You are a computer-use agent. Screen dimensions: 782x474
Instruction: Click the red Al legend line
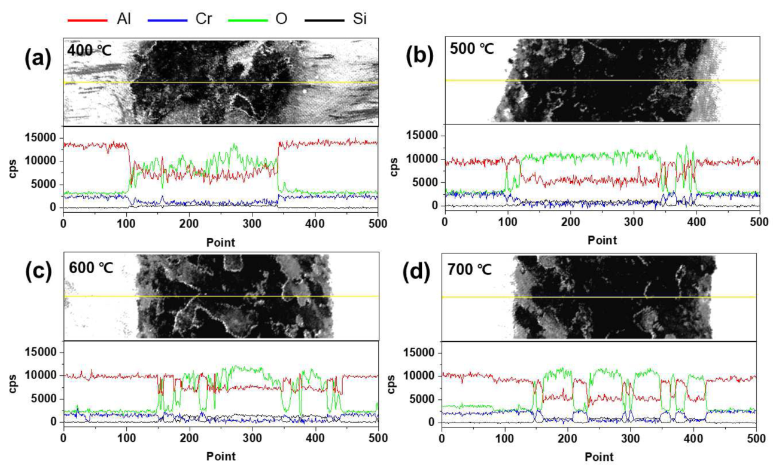pyautogui.click(x=87, y=20)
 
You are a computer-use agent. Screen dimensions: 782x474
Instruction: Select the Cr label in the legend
pyautogui.click(x=203, y=19)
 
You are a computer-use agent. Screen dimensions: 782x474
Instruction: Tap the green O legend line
pyautogui.click(x=248, y=20)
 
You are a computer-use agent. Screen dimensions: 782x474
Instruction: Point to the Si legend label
pyautogui.click(x=360, y=19)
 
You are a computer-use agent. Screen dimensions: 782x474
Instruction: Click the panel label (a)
pyautogui.click(x=38, y=58)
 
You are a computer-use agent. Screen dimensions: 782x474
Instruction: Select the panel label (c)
pyautogui.click(x=38, y=271)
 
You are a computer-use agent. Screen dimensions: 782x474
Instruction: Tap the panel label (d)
pyautogui.click(x=416, y=272)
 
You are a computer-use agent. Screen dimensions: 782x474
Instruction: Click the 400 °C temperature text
pyautogui.click(x=89, y=51)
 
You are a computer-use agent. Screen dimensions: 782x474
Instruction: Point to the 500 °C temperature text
pyautogui.click(x=472, y=48)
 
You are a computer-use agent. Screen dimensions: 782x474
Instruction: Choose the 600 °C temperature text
pyautogui.click(x=91, y=268)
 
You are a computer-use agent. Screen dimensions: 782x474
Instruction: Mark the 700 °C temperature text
pyautogui.click(x=470, y=270)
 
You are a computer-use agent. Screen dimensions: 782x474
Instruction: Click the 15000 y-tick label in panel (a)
pyautogui.click(x=41, y=137)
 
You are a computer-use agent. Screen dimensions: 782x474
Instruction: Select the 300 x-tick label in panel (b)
pyautogui.click(x=634, y=222)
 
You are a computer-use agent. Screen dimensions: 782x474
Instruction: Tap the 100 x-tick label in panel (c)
pyautogui.click(x=126, y=438)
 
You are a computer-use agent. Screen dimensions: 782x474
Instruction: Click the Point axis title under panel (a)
pyautogui.click(x=221, y=243)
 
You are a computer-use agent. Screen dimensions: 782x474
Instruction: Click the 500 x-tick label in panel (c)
pyautogui.click(x=378, y=438)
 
